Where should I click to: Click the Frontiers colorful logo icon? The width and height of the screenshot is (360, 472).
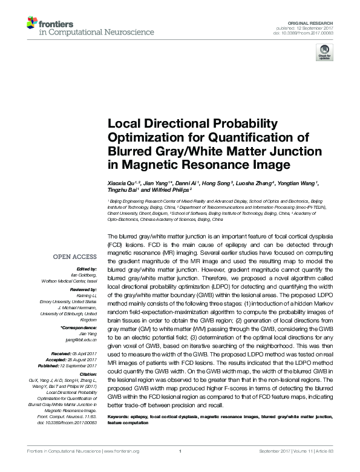pos(31,23)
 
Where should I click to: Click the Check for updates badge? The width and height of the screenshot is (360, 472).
pos(324,54)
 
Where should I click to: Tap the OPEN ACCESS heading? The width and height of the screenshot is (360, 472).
pos(75,257)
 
